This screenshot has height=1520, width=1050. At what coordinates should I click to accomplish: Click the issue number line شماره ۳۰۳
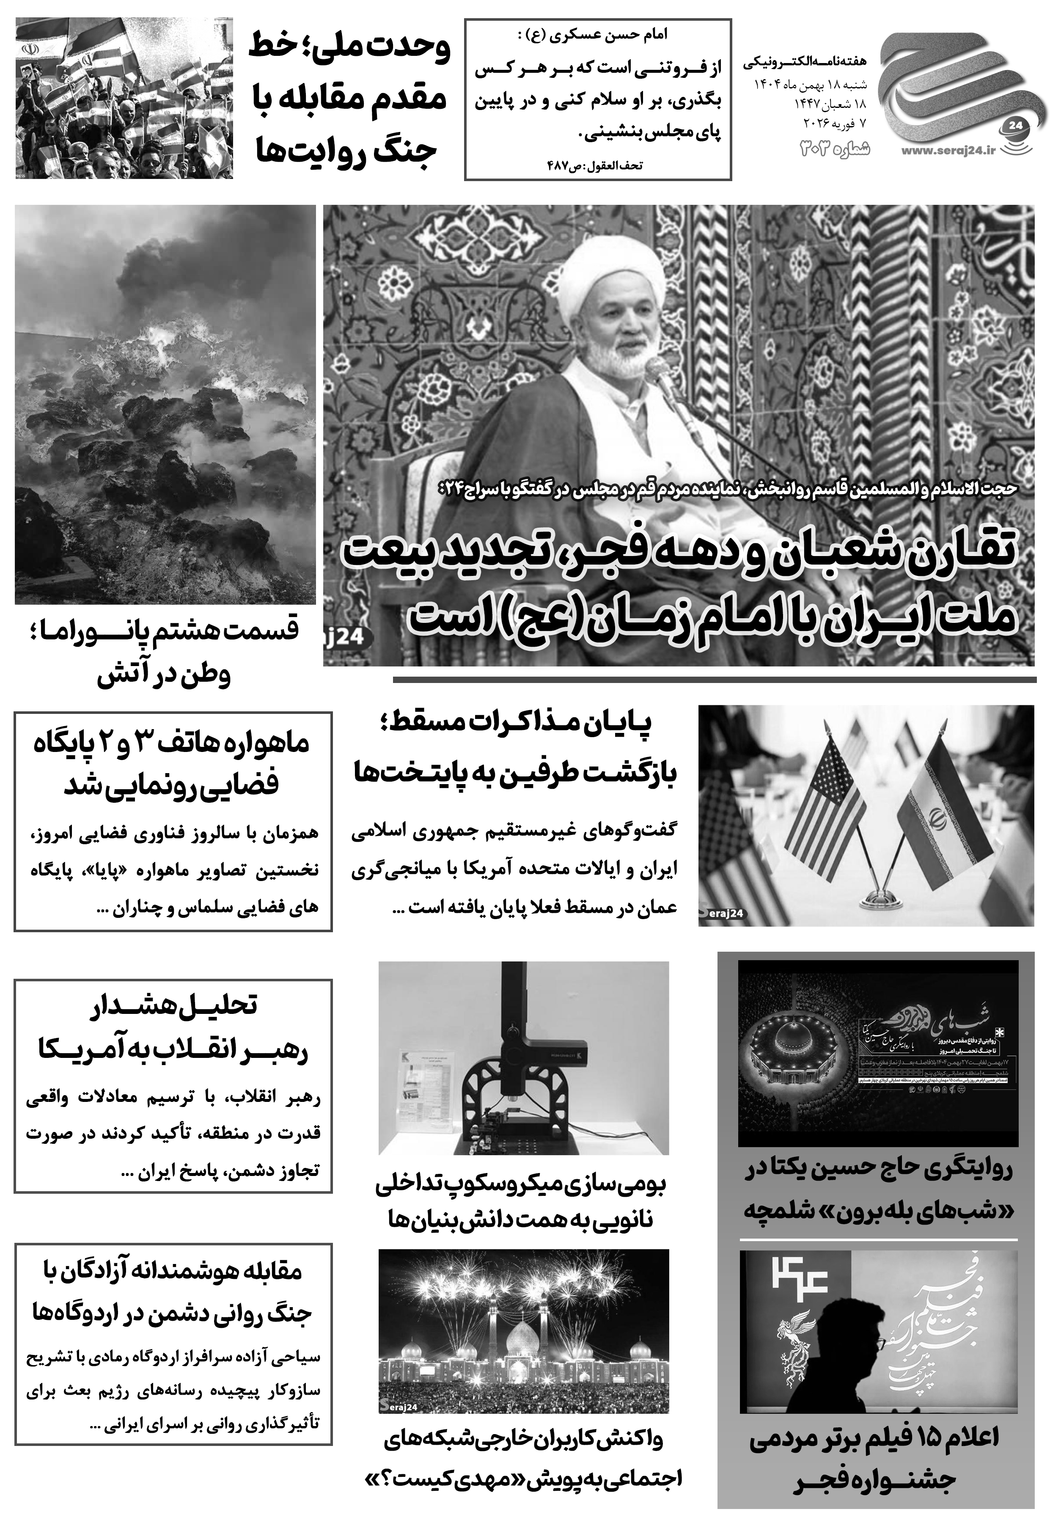tap(835, 149)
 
